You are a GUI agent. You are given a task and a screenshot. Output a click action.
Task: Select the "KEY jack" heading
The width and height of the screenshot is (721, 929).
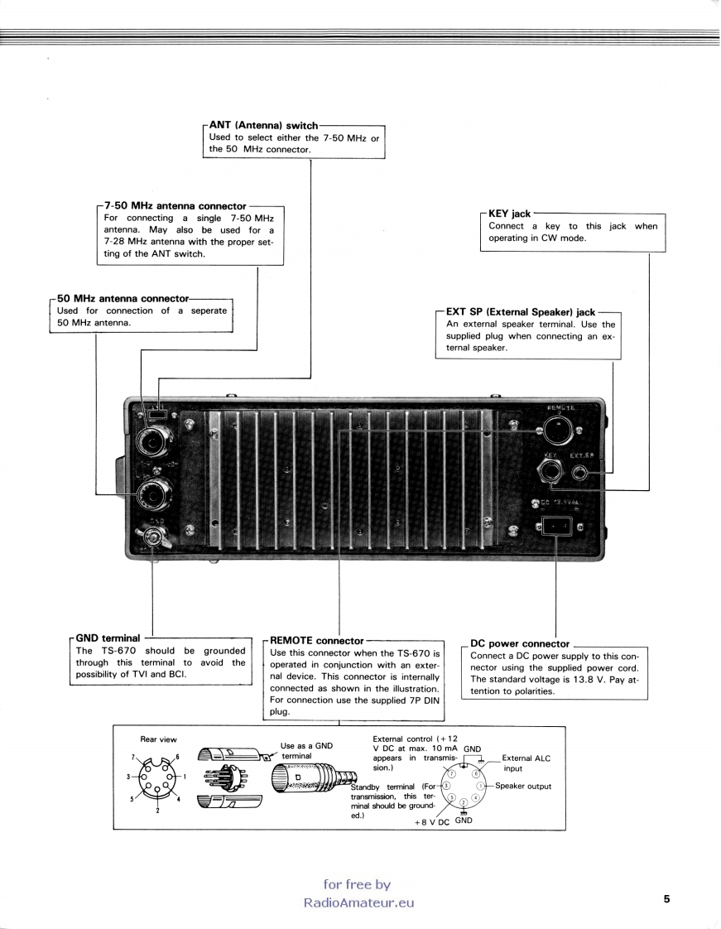(509, 214)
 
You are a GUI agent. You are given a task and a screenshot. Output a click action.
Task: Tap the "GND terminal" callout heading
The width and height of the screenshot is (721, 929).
(108, 638)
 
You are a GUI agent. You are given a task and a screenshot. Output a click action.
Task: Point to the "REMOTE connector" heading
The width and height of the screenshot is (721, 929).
(317, 641)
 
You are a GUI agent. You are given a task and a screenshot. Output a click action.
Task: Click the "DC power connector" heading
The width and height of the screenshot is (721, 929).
(520, 643)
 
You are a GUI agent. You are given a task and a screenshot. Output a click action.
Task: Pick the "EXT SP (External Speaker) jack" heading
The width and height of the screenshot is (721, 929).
(521, 312)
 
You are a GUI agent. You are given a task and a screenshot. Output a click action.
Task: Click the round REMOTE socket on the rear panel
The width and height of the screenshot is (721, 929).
(558, 431)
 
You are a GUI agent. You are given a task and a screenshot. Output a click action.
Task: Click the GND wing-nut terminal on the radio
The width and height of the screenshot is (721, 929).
(153, 537)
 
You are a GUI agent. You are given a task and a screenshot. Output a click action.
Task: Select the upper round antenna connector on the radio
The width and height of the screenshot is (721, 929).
(155, 444)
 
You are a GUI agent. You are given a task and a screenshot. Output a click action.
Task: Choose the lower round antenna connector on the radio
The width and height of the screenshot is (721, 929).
(155, 497)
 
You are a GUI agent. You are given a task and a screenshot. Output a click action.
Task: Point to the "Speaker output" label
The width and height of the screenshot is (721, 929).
(523, 786)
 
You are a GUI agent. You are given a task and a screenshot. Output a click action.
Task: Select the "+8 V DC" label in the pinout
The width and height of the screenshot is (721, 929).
(431, 823)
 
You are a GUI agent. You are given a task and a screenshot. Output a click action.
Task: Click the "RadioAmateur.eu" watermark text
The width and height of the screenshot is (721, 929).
(358, 903)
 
